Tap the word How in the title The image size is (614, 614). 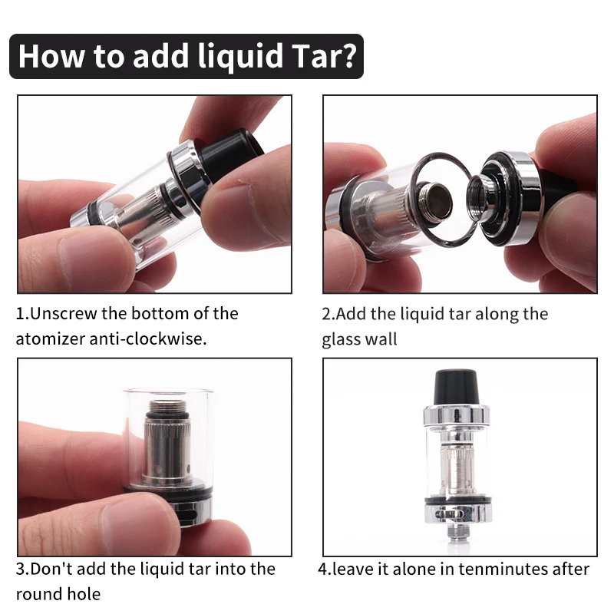pyautogui.click(x=54, y=56)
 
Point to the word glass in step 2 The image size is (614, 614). pyautogui.click(x=342, y=338)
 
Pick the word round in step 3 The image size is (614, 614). pyautogui.click(x=38, y=593)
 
